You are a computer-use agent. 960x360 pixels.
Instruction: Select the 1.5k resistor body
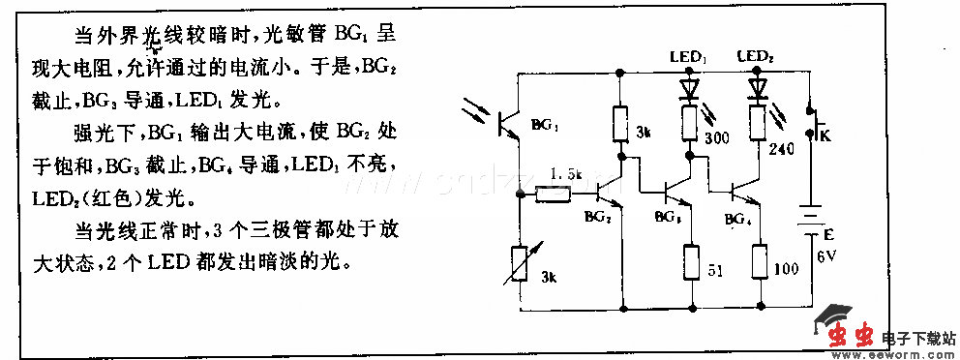[x=554, y=195]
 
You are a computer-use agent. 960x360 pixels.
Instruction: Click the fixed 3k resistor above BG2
[x=621, y=123]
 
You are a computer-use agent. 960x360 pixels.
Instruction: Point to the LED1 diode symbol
[x=689, y=88]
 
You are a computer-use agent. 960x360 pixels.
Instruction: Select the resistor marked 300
[x=689, y=123]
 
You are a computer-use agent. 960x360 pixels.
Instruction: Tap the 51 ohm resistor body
[x=690, y=260]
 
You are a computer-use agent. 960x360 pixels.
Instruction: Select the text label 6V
[x=825, y=256]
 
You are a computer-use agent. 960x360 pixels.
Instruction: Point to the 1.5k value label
[x=563, y=174]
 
